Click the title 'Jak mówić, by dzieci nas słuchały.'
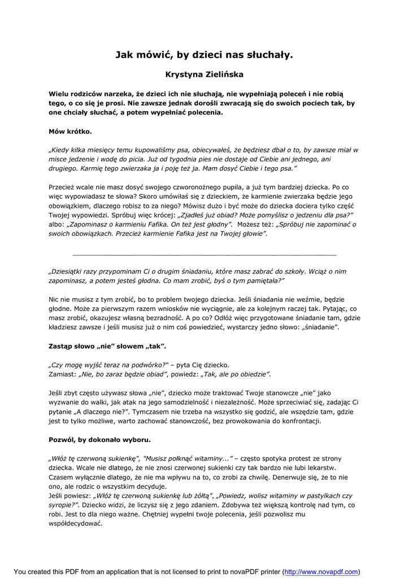[x=204, y=55]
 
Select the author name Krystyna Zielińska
[x=204, y=74]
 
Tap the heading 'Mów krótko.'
[x=70, y=132]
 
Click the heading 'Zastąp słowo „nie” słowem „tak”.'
[x=107, y=345]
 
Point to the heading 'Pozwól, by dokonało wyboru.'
[x=99, y=439]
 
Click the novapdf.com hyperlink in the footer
[x=320, y=572]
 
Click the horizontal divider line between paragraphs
[x=204, y=255]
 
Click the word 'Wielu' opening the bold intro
[x=59, y=93]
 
